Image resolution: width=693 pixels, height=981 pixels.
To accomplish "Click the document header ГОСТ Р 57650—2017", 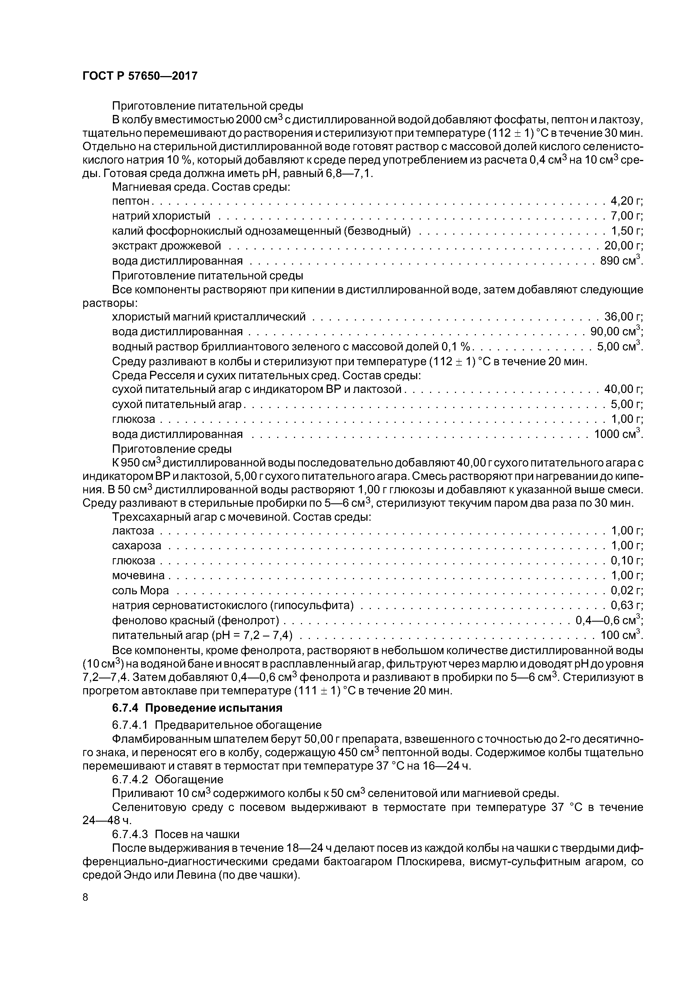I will [140, 76].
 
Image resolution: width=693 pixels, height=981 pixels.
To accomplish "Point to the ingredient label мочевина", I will [138, 576].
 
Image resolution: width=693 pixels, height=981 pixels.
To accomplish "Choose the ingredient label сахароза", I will [137, 546].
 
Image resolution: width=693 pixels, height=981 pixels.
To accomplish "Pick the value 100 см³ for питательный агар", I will [621, 635].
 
